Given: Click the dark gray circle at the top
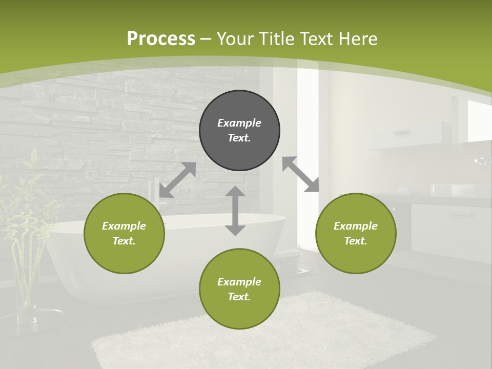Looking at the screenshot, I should (239, 130).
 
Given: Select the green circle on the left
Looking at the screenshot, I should (124, 233).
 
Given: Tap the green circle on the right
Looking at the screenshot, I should (356, 233).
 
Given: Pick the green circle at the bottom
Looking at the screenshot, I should (239, 289).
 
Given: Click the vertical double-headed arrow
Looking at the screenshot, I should (235, 211).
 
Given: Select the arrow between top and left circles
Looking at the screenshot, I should (177, 180).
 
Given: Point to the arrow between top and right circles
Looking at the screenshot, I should (301, 174).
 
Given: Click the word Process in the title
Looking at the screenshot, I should (161, 38).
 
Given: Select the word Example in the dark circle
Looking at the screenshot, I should (239, 123).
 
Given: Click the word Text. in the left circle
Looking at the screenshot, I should (124, 241).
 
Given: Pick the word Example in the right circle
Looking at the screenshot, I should (356, 226).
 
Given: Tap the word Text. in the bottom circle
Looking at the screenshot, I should (239, 297).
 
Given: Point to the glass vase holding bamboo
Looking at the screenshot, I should (28, 292).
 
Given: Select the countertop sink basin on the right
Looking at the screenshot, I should (454, 190).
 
